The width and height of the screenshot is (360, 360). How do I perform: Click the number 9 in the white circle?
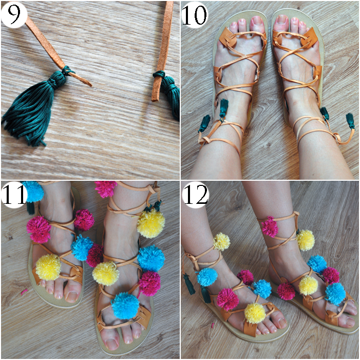pos(14,14)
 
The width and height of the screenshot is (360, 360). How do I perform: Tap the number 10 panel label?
pos(194,14)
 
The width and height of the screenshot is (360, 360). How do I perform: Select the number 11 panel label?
pos(14,194)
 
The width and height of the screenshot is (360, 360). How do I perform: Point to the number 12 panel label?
pos(196,194)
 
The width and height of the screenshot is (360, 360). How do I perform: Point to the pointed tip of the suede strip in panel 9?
pos(90,85)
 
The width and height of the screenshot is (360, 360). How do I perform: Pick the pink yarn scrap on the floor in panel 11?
pos(24,292)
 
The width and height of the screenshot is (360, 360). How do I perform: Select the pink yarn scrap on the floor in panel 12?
pos(213,325)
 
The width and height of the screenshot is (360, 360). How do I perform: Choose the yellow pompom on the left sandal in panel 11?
pos(48,267)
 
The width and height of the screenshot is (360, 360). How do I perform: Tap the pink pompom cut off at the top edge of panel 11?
pos(106,188)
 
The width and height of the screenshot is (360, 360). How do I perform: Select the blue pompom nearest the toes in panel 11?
pos(125,306)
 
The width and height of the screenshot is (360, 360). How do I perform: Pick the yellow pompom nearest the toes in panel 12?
pos(255,313)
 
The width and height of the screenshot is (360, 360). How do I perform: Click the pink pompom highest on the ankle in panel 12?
pos(270,227)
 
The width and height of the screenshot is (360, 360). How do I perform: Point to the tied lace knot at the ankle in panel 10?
pos(205,140)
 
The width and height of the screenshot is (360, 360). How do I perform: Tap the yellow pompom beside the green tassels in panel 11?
pos(151,223)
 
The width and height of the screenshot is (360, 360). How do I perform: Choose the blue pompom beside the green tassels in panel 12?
pos(207,277)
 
